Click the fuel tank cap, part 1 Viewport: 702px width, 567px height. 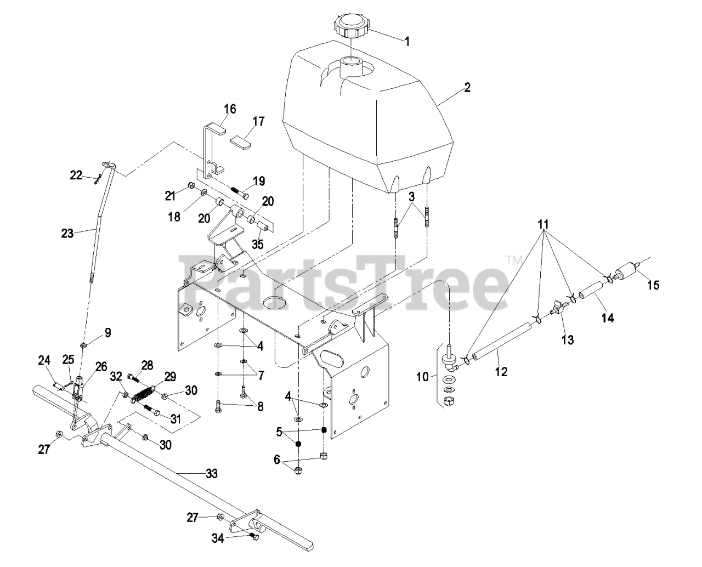click(352, 26)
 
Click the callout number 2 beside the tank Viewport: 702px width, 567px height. click(467, 88)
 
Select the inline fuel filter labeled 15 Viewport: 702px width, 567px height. click(626, 272)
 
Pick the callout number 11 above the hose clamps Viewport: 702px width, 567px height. click(543, 224)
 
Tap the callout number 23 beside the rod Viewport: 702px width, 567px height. click(67, 233)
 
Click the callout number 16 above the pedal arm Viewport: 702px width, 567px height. click(229, 109)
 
